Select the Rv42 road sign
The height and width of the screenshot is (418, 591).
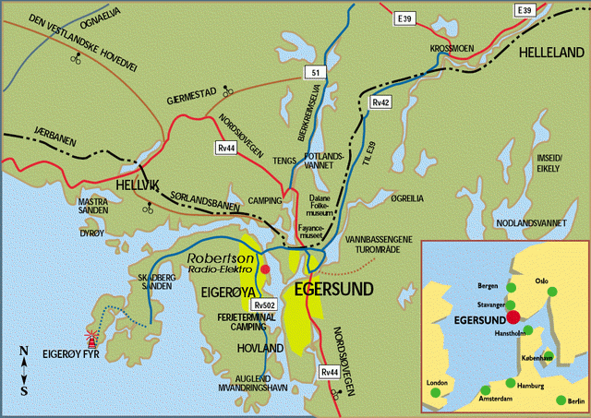tap(380, 102)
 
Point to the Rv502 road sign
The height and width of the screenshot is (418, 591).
tap(265, 305)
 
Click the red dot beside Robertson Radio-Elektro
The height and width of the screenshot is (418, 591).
tap(265, 269)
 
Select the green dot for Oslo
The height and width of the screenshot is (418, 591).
tap(551, 292)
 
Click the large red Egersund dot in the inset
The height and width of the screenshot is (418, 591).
tap(513, 316)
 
